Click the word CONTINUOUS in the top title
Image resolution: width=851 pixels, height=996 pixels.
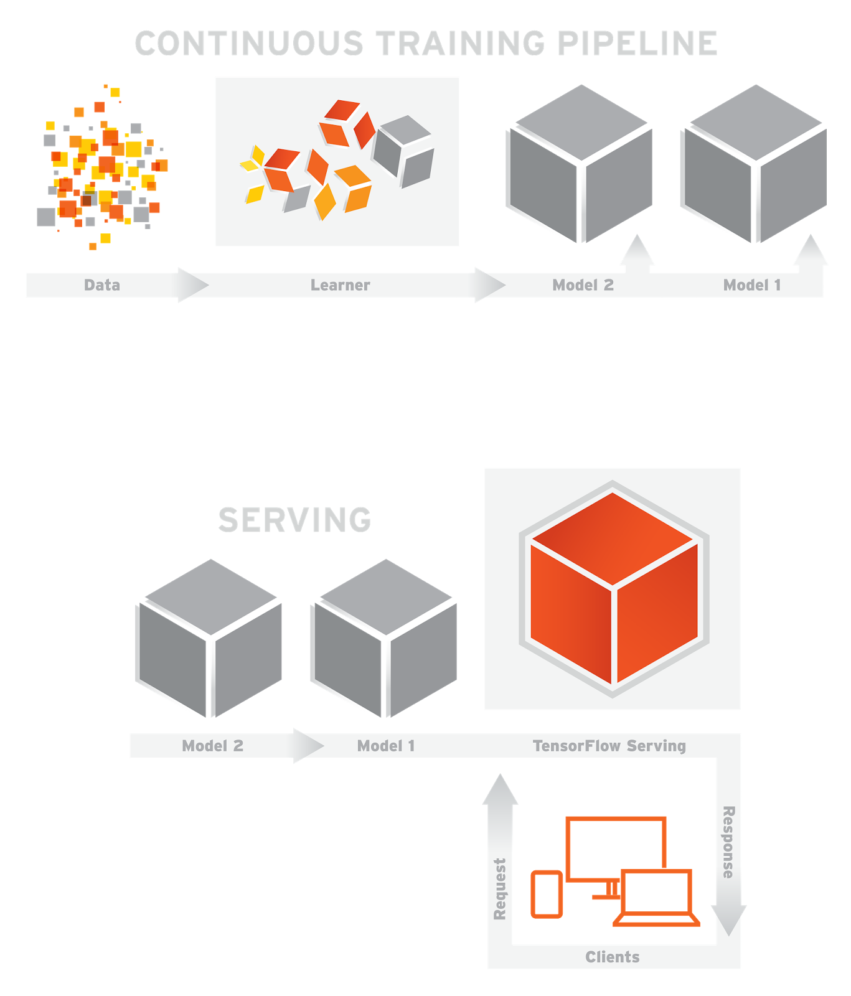coord(249,44)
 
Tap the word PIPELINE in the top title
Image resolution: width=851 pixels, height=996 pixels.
coord(637,44)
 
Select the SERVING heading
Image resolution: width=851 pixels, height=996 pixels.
coord(295,520)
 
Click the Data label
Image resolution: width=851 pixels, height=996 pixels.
coord(102,285)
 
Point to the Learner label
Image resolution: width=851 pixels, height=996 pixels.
coord(341,285)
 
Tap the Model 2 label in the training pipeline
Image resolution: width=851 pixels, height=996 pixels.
coord(583,285)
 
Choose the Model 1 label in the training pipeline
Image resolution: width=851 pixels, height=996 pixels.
coord(752,285)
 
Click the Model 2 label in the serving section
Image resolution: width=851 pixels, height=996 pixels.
coord(213,746)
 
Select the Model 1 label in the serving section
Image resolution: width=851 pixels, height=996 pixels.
coord(386,746)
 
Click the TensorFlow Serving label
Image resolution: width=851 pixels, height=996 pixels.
coord(609,746)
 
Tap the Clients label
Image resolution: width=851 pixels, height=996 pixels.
coord(613,957)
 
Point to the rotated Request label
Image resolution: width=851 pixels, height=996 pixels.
coord(500,889)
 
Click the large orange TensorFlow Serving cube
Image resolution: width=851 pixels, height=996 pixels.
coord(614,588)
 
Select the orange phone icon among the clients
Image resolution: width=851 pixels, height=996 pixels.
coord(547,895)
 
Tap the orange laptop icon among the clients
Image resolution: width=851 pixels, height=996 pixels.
coord(657,898)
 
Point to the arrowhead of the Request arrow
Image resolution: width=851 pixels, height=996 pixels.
coord(501,789)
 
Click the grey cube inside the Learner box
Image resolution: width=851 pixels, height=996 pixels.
coord(403,151)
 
